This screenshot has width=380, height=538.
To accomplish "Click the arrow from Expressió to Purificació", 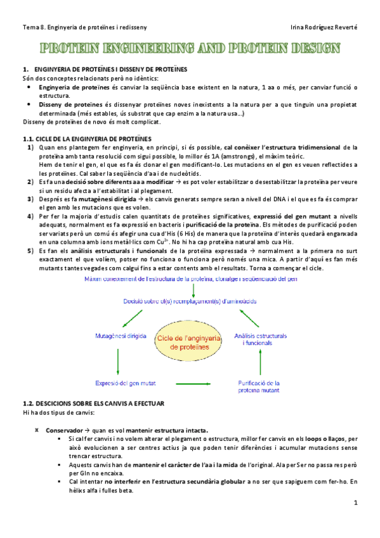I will pyautogui.click(x=193, y=383).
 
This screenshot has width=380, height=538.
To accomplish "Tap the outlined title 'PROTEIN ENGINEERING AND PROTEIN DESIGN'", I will pyautogui.click(x=190, y=49).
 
